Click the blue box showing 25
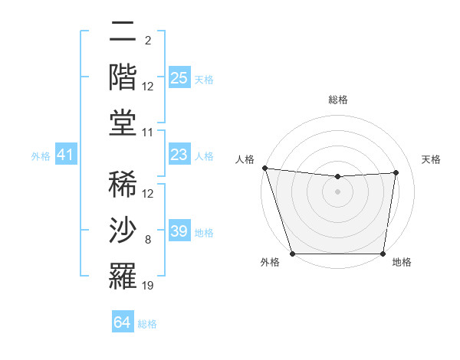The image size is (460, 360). [179, 78]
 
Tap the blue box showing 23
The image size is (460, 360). [179, 155]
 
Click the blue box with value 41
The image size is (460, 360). [65, 155]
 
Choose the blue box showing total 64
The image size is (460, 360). [122, 323]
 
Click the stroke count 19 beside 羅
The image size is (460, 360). [148, 286]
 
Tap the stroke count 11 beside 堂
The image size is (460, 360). [148, 133]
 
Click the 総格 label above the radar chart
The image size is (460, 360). [337, 100]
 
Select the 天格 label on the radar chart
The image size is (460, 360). [432, 159]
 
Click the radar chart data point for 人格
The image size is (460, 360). [264, 168]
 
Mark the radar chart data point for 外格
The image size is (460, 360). [292, 254]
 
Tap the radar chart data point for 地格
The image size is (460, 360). [383, 254]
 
